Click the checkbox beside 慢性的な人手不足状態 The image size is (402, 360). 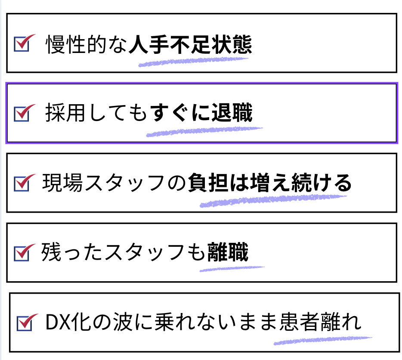click(x=21, y=44)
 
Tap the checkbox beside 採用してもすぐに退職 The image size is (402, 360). click(x=21, y=114)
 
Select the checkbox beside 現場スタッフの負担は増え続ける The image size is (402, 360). click(x=21, y=183)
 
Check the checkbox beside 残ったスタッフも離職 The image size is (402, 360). click(x=21, y=253)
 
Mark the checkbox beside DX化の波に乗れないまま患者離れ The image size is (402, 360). click(x=24, y=323)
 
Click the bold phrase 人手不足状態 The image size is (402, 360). click(x=190, y=45)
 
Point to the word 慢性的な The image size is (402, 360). click(x=87, y=45)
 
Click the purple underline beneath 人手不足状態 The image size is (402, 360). click(x=194, y=62)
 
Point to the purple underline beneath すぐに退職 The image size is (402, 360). click(x=204, y=131)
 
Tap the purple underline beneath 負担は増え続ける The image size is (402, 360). click(x=273, y=201)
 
